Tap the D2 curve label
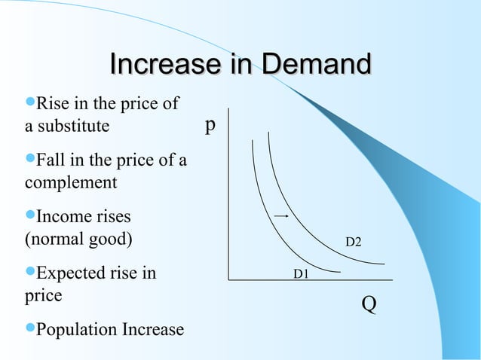(353, 242)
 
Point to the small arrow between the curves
(282, 215)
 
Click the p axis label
(211, 124)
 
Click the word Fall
(51, 161)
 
